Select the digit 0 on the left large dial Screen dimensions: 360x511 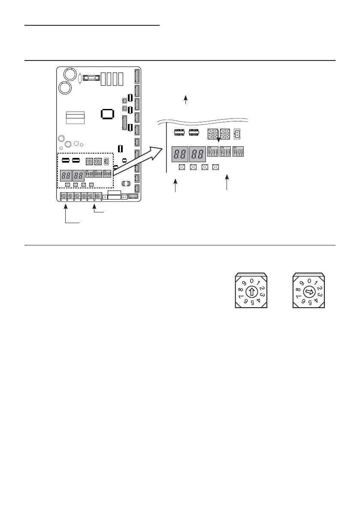click(252, 281)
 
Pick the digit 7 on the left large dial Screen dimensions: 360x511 click(241, 297)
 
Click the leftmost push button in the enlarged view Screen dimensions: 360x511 click(182, 167)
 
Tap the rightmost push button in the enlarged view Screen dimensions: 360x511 click(215, 167)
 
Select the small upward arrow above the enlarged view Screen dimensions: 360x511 click(186, 100)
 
